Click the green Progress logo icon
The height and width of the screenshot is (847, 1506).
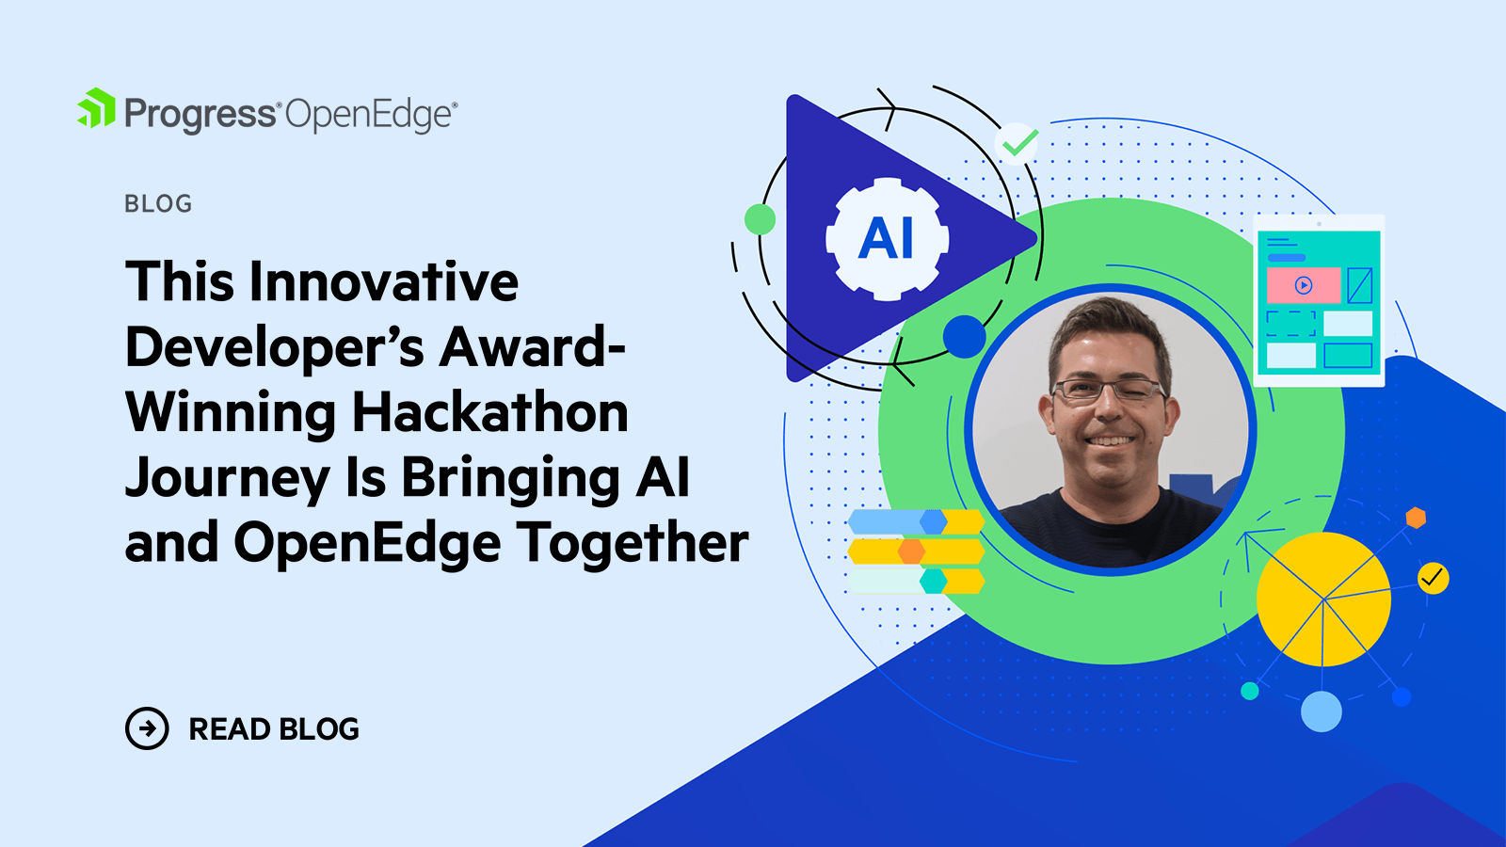pos(97,109)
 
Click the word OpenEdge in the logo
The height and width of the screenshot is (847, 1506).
pos(369,116)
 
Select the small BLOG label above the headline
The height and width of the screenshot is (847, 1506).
pos(158,204)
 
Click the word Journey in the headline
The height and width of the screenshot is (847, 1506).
pos(227,478)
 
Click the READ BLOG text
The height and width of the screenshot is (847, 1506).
pos(274,729)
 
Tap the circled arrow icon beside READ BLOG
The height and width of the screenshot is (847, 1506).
pos(147,728)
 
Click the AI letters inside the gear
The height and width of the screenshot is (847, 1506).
pos(886,239)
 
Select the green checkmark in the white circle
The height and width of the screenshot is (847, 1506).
pos(1017,143)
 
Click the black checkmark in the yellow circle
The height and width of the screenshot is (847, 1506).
pos(1433,577)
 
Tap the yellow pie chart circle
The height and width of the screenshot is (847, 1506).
pos(1323,599)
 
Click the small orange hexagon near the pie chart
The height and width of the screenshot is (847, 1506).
pos(1416,518)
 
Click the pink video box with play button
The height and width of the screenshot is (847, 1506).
pos(1303,285)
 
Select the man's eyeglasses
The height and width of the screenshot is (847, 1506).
pos(1109,389)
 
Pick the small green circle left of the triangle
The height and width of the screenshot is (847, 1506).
pos(760,219)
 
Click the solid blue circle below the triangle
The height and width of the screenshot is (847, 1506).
pos(964,336)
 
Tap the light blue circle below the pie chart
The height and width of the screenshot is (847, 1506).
pos(1321,711)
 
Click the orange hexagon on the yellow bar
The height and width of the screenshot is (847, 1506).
pos(911,551)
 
